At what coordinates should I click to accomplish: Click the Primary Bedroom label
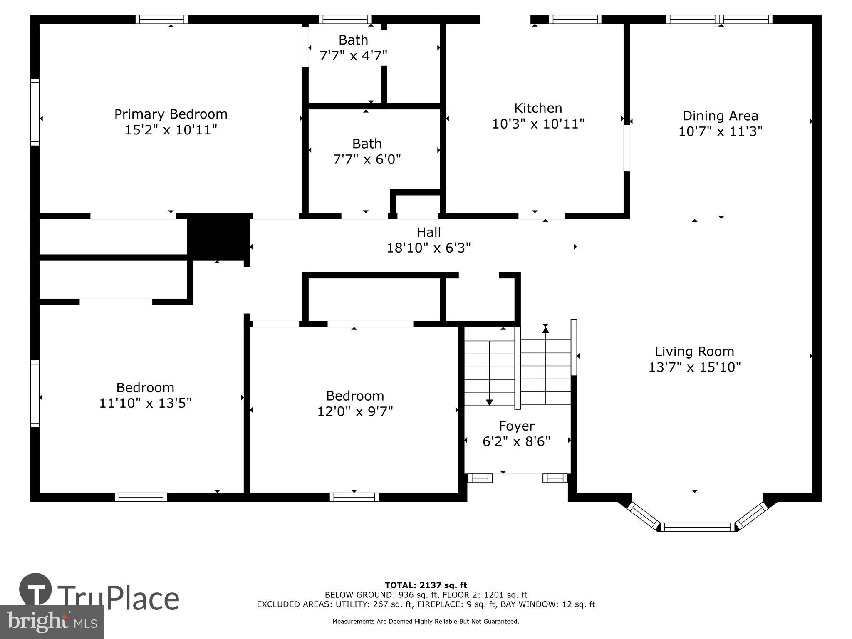point(171,114)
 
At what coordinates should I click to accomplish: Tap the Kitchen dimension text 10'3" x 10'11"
point(538,124)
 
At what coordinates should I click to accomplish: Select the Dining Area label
point(720,116)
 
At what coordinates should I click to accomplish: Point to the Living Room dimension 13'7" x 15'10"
point(694,367)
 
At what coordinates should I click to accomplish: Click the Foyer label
point(517,426)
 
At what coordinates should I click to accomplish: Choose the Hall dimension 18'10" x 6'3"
point(428,248)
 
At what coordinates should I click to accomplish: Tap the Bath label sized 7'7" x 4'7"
point(353,40)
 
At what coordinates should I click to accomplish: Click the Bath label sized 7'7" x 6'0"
point(367,144)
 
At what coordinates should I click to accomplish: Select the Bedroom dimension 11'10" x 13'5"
point(145,403)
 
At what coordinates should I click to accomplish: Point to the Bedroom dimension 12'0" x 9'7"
point(355,411)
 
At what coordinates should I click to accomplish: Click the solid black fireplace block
point(218,237)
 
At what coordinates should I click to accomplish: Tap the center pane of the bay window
point(697,527)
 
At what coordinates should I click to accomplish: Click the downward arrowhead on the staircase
point(489,402)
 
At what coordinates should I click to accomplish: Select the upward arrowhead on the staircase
point(545,330)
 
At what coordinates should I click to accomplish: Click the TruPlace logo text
point(118,599)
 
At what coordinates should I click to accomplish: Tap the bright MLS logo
point(52,622)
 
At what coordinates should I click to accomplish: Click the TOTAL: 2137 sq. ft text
point(426,585)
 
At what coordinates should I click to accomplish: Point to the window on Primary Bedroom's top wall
point(161,19)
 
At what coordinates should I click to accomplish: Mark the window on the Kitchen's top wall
point(575,19)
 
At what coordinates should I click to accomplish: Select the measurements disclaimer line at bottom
point(426,622)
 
